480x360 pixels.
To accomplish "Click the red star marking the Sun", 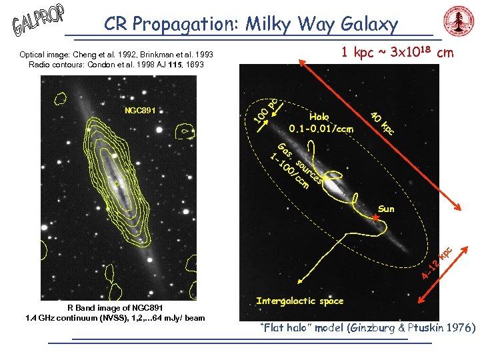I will [x=375, y=218].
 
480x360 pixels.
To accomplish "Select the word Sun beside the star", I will [x=387, y=209].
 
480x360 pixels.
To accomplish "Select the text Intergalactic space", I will [x=299, y=301].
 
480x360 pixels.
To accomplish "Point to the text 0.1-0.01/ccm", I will [x=321, y=127].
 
